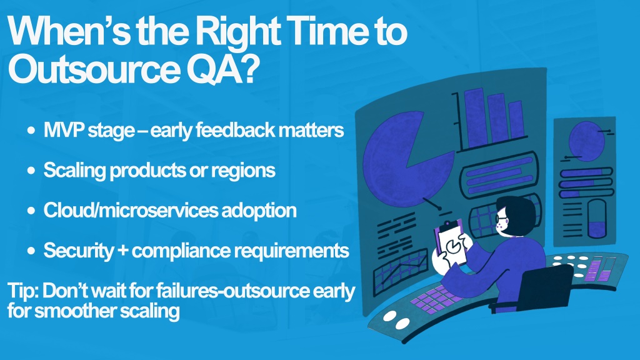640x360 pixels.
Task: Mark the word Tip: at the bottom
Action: pyautogui.click(x=23, y=291)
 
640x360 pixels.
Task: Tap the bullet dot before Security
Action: pyautogui.click(x=31, y=251)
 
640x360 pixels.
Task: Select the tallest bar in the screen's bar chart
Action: pyautogui.click(x=474, y=117)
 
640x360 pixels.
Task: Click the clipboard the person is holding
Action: pyautogui.click(x=452, y=244)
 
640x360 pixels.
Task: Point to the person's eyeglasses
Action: pyautogui.click(x=501, y=219)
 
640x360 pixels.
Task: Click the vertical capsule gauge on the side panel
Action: pyautogui.click(x=597, y=218)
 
